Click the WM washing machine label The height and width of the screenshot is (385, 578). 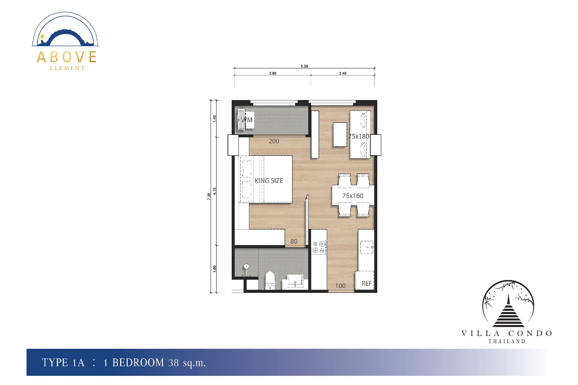click(x=247, y=120)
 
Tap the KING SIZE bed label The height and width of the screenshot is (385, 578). click(x=269, y=180)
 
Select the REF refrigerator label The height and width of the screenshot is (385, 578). click(x=366, y=283)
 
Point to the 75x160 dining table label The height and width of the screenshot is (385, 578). click(x=353, y=196)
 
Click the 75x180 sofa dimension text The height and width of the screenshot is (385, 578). click(x=359, y=136)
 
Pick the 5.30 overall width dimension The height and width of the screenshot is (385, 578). click(x=304, y=66)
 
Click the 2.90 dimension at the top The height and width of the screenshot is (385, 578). click(x=273, y=73)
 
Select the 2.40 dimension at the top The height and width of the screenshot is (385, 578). click(x=343, y=73)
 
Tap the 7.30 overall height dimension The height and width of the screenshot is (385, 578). click(x=209, y=196)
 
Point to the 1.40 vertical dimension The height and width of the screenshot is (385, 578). click(x=215, y=119)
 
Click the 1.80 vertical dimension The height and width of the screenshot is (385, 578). click(x=215, y=269)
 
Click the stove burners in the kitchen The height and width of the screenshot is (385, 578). click(x=319, y=247)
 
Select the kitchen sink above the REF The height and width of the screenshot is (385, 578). click(x=367, y=247)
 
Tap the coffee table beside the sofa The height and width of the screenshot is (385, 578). click(x=340, y=134)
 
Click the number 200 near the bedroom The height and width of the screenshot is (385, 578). click(x=274, y=141)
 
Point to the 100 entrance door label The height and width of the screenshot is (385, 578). click(x=340, y=286)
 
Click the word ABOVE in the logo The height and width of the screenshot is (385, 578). click(x=67, y=57)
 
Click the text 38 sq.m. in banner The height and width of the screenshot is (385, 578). click(x=187, y=363)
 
